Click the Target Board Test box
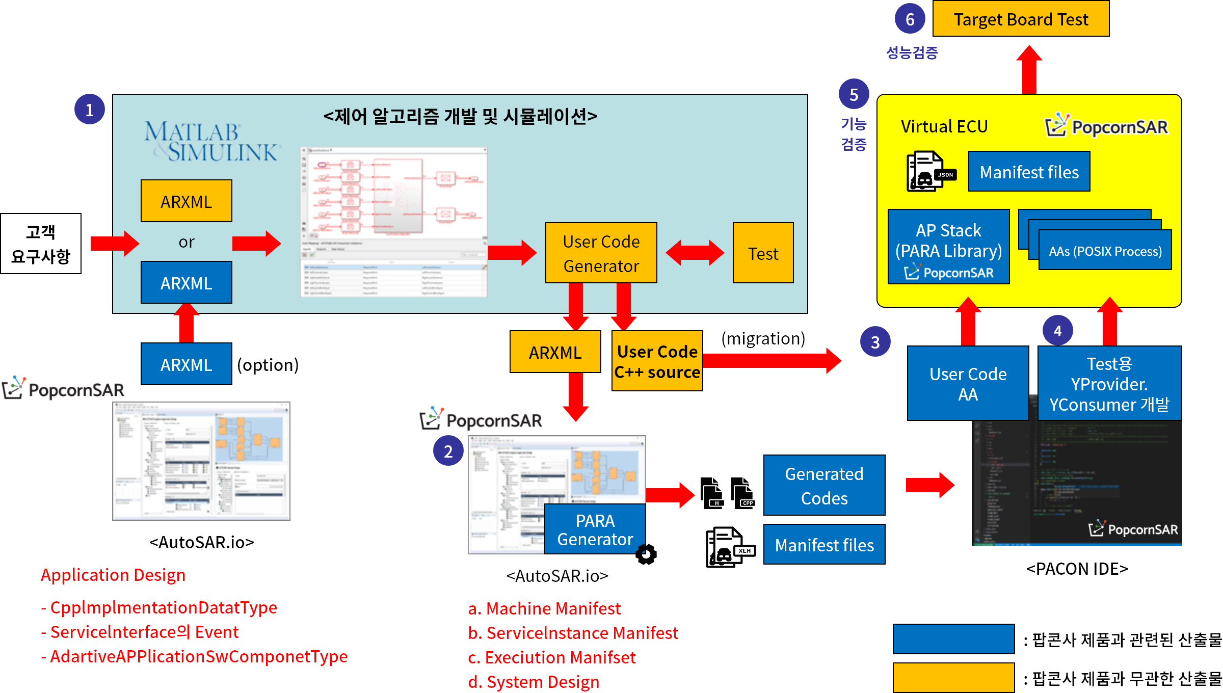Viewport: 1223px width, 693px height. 1020,19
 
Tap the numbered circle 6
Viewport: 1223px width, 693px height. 910,19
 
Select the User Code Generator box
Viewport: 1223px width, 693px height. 601,253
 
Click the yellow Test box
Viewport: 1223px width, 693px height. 763,253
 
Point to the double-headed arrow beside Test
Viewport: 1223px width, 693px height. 695,253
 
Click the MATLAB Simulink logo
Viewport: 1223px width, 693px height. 211,142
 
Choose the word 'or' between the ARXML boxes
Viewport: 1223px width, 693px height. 187,242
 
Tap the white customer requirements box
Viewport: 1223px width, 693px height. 41,244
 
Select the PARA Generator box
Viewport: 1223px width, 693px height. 595,530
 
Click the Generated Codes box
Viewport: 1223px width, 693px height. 824,486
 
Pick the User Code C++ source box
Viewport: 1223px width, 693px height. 657,361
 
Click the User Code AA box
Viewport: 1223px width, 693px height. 968,384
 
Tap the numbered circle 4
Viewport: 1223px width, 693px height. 1058,331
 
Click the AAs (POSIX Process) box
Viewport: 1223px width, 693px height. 1105,251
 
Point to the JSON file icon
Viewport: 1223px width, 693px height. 929,172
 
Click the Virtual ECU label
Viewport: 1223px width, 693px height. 944,126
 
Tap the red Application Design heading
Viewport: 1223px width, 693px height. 113,575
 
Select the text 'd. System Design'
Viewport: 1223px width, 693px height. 534,682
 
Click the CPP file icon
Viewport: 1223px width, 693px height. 742,493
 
